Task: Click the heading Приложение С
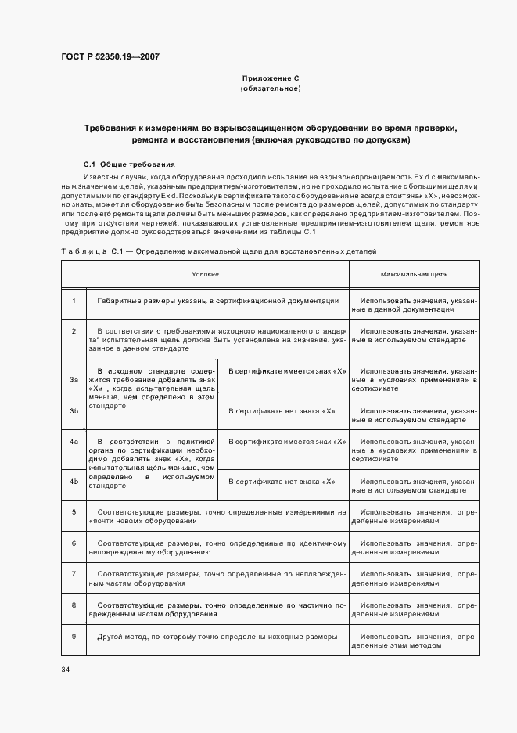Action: [x=271, y=79]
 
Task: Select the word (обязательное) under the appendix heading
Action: [x=271, y=88]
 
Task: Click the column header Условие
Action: [x=206, y=275]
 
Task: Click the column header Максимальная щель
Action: [x=414, y=275]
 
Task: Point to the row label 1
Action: [x=74, y=301]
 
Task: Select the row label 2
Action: [x=74, y=331]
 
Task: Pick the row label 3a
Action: [x=74, y=379]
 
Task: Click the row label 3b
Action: [x=74, y=410]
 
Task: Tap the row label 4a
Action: [x=74, y=442]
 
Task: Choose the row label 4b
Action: [x=74, y=481]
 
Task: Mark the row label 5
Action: [x=74, y=511]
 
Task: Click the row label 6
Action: [x=74, y=543]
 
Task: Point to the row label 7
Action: [x=74, y=574]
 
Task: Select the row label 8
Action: [x=74, y=605]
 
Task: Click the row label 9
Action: [x=74, y=637]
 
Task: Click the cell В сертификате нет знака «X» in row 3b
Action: [x=282, y=410]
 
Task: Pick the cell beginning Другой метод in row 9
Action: [x=217, y=637]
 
